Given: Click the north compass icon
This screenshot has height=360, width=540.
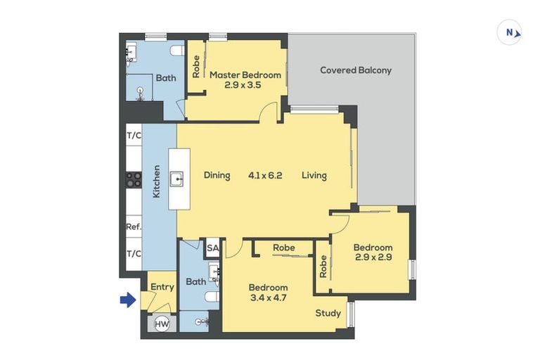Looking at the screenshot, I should (509, 32).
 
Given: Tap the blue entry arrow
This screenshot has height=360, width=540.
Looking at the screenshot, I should (127, 300).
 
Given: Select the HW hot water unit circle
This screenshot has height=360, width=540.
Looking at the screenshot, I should (162, 323).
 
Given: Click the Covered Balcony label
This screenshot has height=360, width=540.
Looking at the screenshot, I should (356, 70).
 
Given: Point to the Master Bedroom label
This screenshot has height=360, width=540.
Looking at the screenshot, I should (245, 75).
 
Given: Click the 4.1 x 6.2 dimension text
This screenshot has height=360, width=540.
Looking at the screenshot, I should (265, 175).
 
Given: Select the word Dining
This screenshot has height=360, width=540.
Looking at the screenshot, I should (217, 175).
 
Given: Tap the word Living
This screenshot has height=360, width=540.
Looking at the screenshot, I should (314, 175).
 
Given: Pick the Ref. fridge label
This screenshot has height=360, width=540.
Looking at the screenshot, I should (133, 227).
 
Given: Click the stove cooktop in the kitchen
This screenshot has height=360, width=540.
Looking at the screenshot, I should (134, 180).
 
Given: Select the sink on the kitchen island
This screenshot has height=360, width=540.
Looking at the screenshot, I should (180, 179).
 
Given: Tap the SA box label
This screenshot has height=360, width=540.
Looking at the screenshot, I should (212, 247).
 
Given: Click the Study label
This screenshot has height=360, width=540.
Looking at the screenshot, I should (328, 313).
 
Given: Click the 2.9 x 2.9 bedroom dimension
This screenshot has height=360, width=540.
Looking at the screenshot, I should (373, 258).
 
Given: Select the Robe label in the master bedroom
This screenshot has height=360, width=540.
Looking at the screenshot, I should (196, 66).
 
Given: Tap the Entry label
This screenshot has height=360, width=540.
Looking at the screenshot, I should (162, 287).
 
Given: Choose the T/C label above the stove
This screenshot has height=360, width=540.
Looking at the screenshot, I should (133, 135).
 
